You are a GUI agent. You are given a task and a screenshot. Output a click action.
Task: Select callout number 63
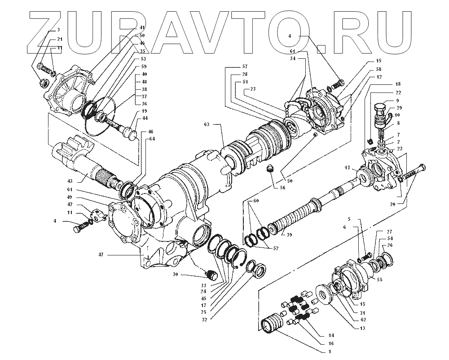pyautogui.click(x=207, y=123)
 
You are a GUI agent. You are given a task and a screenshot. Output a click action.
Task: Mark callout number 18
pyautogui.click(x=385, y=84)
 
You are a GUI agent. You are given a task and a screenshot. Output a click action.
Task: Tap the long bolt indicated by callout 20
pyautogui.click(x=412, y=173)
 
